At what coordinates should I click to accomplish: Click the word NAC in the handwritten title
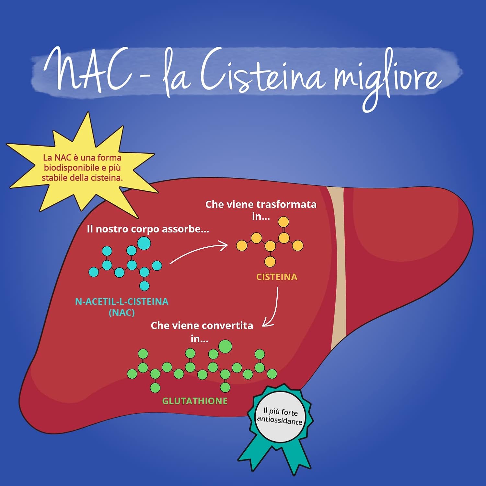87,70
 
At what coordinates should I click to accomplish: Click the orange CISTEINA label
277,277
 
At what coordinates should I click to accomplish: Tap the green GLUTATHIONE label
195,401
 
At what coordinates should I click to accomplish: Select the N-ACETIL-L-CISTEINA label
122,302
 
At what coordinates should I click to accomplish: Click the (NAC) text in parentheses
122,313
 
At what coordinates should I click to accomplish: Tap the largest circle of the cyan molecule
144,243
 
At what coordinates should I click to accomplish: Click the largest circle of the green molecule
225,346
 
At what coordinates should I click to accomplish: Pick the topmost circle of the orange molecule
283,222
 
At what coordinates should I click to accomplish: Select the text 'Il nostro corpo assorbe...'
148,229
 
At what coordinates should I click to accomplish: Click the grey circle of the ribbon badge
280,417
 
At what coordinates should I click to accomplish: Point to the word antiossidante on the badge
279,421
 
